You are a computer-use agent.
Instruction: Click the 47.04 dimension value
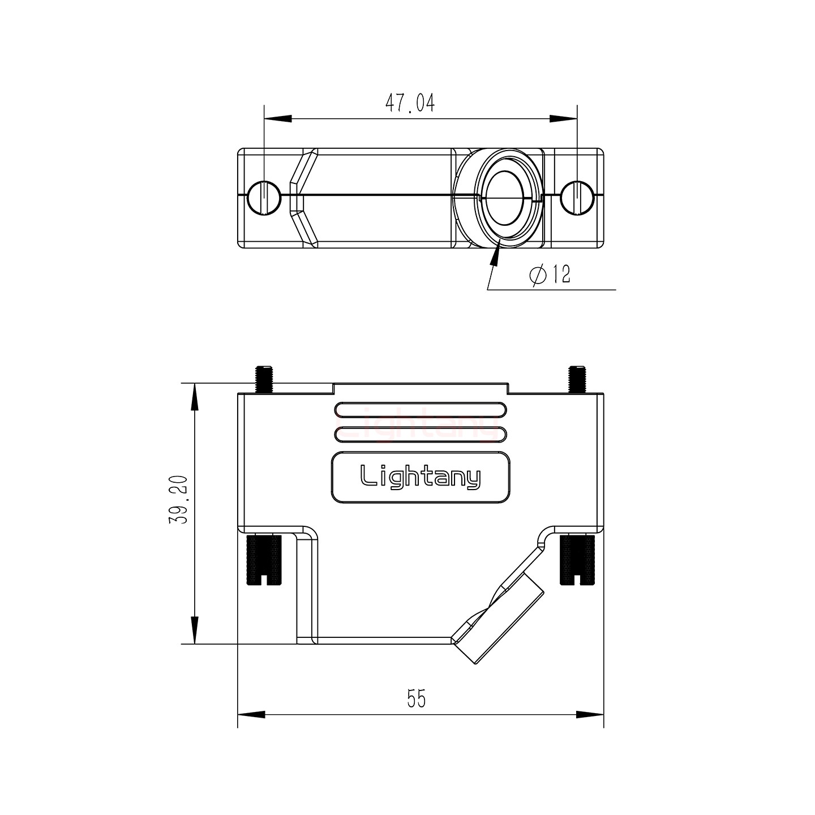point(410,103)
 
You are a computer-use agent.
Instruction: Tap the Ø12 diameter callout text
point(550,275)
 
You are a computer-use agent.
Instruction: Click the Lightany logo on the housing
point(421,477)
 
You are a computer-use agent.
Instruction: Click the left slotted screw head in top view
point(264,198)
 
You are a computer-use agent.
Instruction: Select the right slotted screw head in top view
point(577,198)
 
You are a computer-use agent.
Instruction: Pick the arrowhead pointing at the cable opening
point(496,255)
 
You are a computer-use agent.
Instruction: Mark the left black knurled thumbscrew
point(264,560)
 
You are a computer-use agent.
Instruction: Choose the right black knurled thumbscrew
point(577,560)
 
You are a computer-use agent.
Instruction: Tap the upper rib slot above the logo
point(420,410)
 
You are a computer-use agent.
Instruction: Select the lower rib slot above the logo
point(420,434)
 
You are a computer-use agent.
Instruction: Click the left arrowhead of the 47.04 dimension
point(277,119)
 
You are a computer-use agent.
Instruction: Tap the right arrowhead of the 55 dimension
point(590,714)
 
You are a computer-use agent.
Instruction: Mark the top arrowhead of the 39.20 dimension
point(194,396)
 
